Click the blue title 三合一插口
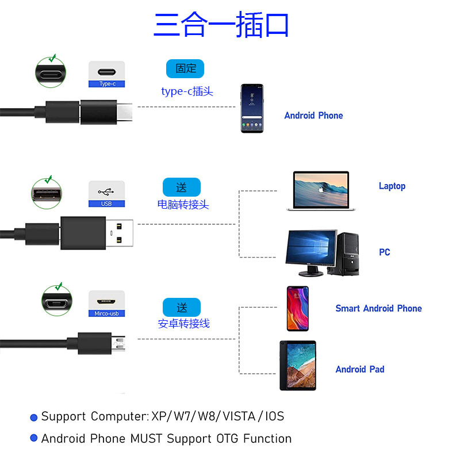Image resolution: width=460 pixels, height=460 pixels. coord(221,25)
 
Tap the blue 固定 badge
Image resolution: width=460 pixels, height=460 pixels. coord(185,68)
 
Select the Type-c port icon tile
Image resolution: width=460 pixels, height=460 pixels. coord(106,74)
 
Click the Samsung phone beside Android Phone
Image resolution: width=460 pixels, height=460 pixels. coord(252,109)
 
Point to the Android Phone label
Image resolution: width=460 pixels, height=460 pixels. coord(313,116)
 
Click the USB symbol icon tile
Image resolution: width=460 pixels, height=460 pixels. coord(106,194)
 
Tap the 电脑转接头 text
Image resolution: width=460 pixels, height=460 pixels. coord(183,204)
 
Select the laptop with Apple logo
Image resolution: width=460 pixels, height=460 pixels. coord(321,190)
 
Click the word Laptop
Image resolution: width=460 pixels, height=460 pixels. coord(392,186)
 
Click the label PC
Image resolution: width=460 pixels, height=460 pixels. coord(385,252)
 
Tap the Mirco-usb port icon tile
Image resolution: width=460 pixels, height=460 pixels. coord(106,304)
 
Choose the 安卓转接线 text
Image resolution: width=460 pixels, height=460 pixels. coord(184,324)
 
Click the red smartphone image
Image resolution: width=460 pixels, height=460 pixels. coord(297,309)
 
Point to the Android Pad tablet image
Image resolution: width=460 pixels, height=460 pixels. coord(298,366)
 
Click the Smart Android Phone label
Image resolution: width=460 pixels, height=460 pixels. coord(378,308)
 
